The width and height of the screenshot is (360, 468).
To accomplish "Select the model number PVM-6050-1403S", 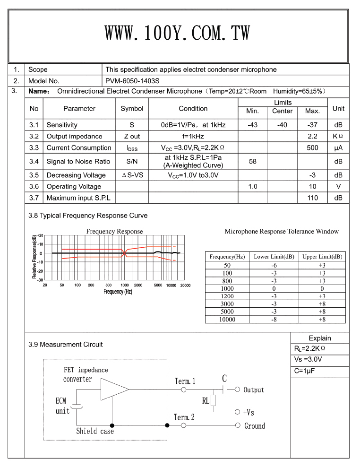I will pos(132,80).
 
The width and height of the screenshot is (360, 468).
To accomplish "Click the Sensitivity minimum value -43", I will pos(252,125).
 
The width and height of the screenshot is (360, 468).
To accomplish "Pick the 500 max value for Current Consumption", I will pos(312,147).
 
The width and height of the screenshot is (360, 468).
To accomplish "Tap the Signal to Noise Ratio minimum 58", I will pos(252,161).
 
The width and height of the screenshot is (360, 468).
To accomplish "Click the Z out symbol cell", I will pos(132,136).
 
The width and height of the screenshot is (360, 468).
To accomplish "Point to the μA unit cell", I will pos(338,147).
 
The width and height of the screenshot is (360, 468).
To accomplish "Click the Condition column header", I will pos(193,108).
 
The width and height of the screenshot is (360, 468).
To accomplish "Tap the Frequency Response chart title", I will pos(114,231).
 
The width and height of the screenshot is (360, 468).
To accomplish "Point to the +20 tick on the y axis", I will pos(40,235).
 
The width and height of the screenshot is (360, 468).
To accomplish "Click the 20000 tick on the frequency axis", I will pos(185,285).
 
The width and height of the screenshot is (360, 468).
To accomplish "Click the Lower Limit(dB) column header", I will pos(274,257).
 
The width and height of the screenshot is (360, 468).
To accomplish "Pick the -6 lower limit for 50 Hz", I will pos(274,265).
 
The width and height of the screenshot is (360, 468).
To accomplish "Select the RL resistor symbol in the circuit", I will pos(213,400).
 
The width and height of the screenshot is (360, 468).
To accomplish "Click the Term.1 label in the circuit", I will pos(185,381).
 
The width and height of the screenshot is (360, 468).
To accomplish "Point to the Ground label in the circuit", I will pos(254,426).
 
